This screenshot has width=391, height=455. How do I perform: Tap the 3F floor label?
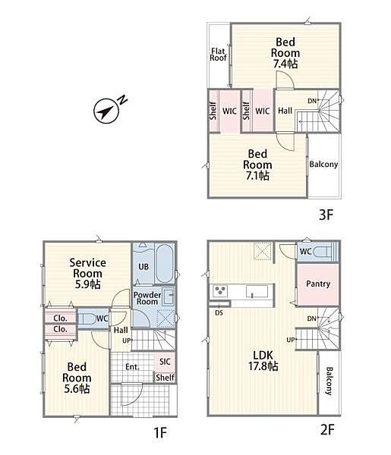326,215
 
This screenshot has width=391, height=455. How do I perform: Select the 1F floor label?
160,433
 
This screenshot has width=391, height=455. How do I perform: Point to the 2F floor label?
327,429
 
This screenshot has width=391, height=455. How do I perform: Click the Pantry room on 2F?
318,284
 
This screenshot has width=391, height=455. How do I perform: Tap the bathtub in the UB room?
165,264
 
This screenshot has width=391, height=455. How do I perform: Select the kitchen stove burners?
220,291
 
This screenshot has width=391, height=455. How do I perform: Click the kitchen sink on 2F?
257,291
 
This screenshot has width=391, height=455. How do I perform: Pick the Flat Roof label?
218,55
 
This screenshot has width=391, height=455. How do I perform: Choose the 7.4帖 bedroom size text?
285,64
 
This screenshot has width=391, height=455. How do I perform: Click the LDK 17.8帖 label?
263,361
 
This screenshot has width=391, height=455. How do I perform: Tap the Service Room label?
87,273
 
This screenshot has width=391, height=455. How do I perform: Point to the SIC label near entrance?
165,362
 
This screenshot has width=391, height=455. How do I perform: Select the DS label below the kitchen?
219,313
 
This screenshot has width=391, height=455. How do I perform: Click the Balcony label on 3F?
323,165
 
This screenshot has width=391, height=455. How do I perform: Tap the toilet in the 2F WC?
323,251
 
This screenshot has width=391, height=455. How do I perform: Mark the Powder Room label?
147,298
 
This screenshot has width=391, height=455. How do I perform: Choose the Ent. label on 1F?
132,367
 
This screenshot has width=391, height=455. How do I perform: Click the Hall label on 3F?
285,111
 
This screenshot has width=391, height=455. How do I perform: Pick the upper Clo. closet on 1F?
60,318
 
